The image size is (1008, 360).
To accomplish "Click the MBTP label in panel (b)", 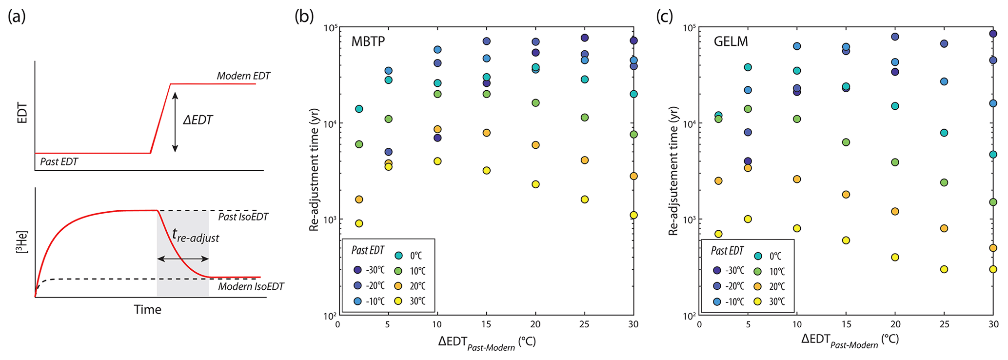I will tap(368, 41).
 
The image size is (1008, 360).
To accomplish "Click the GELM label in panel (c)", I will tap(731, 41).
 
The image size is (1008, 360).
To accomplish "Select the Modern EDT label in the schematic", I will tap(243, 76).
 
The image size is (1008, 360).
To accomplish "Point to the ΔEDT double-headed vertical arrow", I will tap(176, 122).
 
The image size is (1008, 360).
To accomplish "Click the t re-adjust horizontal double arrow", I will tap(183, 259).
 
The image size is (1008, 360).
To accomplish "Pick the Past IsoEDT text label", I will tap(243, 217).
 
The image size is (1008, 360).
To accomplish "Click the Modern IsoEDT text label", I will tap(251, 286).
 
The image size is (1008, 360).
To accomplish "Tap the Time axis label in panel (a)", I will tap(147, 309).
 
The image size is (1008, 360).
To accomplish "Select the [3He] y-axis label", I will tap(22, 242).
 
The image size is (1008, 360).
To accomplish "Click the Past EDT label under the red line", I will tap(59, 161).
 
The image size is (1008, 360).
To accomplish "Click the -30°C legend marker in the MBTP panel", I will tap(357, 270).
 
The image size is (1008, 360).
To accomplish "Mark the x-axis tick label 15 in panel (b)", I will tap(486, 324).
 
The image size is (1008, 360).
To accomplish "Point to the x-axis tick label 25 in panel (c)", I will tap(944, 324).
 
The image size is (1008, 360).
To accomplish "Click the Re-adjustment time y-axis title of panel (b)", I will tap(315, 169).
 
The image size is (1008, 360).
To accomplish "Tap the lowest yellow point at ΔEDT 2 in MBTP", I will tap(359, 223).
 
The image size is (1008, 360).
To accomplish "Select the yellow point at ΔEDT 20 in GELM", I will tap(895, 257).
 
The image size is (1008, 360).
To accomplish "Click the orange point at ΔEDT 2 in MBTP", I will tap(359, 200).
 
